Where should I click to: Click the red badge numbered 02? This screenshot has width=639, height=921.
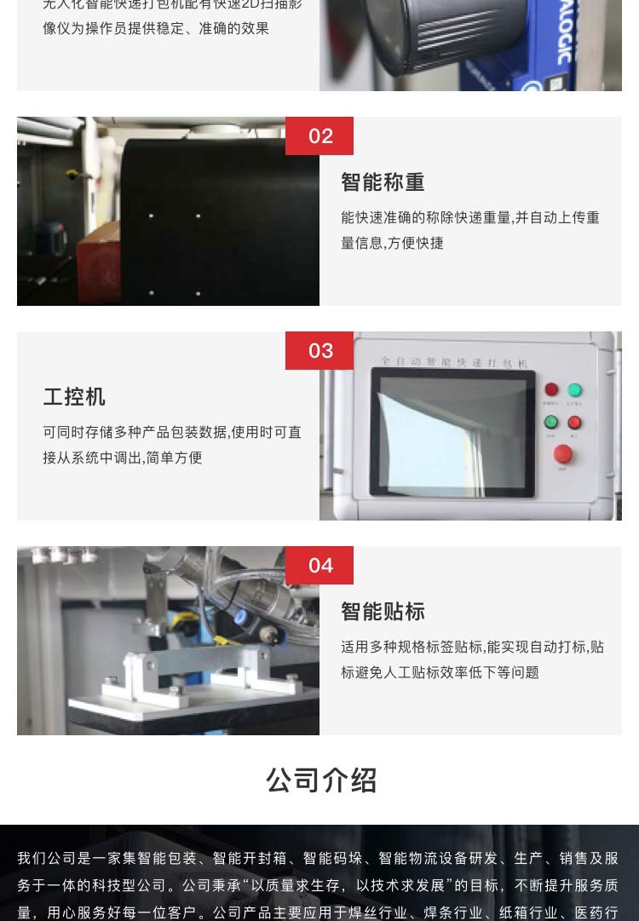coord(319,136)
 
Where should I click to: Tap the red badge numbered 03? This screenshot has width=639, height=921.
coord(319,351)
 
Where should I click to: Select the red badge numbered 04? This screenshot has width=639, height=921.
coord(319,566)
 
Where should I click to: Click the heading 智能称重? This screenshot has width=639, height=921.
coord(383,182)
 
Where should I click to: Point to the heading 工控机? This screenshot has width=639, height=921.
coord(74,397)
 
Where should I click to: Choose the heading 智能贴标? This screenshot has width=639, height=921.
coord(383,612)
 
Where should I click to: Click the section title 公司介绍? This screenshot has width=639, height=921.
coord(321,780)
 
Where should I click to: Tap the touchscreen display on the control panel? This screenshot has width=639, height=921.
coord(452,432)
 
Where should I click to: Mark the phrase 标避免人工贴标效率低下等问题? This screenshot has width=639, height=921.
coord(440,673)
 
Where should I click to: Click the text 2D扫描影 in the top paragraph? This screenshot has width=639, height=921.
coord(272,4)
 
